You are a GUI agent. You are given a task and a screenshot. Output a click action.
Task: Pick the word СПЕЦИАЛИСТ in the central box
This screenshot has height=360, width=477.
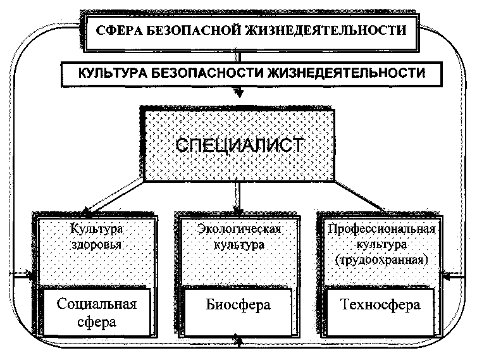point(238,144)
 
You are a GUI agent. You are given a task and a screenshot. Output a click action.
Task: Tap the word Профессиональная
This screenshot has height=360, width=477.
point(379,228)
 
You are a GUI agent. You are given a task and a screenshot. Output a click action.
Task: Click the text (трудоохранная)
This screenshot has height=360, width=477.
point(379,259)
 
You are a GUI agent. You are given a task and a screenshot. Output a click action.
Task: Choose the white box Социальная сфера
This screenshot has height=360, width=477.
point(97,311)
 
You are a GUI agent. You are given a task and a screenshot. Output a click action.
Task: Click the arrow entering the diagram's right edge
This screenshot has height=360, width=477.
point(450,276)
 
